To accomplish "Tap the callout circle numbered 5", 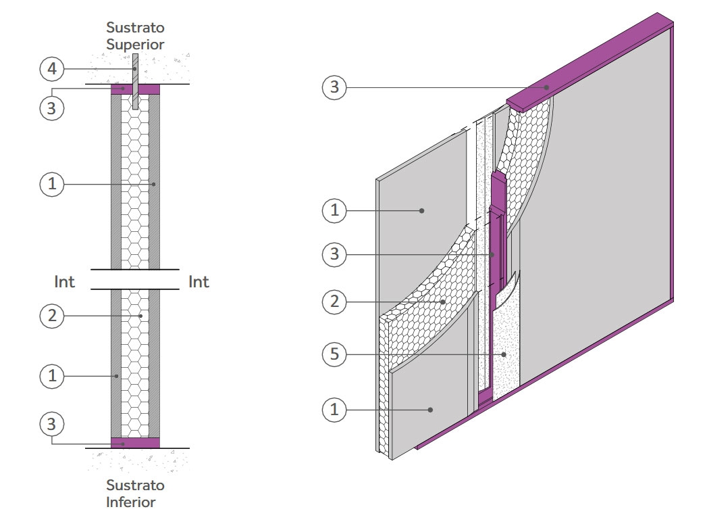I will (x=335, y=354).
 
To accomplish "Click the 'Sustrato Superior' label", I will (x=135, y=36).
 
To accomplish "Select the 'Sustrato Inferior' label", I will (x=135, y=494).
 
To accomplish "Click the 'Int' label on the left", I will (x=65, y=281).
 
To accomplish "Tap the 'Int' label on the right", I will (x=199, y=281).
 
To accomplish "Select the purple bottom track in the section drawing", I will (x=135, y=443).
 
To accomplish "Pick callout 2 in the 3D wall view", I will (x=335, y=302).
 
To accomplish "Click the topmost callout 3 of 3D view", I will (x=335, y=87).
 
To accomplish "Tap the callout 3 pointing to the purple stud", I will (x=335, y=254).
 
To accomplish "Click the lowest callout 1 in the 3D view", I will (x=335, y=409).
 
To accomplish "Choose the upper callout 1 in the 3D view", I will (x=335, y=210).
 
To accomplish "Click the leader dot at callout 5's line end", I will (x=503, y=354).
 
